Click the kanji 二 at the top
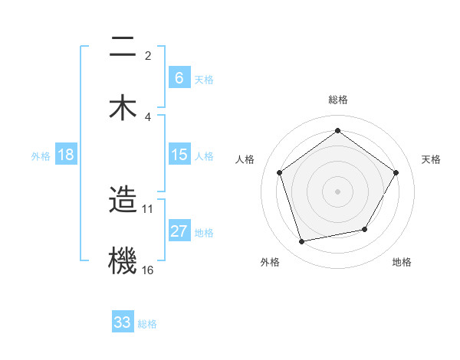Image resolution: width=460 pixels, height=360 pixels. (123, 48)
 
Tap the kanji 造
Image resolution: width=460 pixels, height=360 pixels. (123, 201)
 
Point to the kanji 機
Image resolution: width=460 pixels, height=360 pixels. (123, 259)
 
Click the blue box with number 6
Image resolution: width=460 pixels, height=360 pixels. (179, 77)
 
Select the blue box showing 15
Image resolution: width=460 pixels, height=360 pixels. (179, 155)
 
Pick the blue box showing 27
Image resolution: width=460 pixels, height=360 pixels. (179, 231)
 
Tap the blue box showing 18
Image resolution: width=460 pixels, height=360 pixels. (66, 155)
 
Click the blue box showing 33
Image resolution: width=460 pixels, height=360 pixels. (123, 322)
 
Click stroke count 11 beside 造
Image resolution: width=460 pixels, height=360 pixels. (148, 208)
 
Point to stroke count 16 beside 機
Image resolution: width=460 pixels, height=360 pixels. (148, 270)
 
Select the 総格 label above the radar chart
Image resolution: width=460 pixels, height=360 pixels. (337, 100)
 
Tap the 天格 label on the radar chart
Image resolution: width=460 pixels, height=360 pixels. (431, 159)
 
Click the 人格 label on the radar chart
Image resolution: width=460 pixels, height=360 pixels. (245, 159)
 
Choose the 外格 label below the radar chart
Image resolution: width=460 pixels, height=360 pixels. (270, 262)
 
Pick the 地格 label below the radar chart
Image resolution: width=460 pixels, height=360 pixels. (402, 262)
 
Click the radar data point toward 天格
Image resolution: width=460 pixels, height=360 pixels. (396, 172)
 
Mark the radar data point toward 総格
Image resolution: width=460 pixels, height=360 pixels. (337, 131)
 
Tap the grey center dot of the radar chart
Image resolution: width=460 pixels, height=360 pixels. (337, 191)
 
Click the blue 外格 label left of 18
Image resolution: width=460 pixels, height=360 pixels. (41, 155)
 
